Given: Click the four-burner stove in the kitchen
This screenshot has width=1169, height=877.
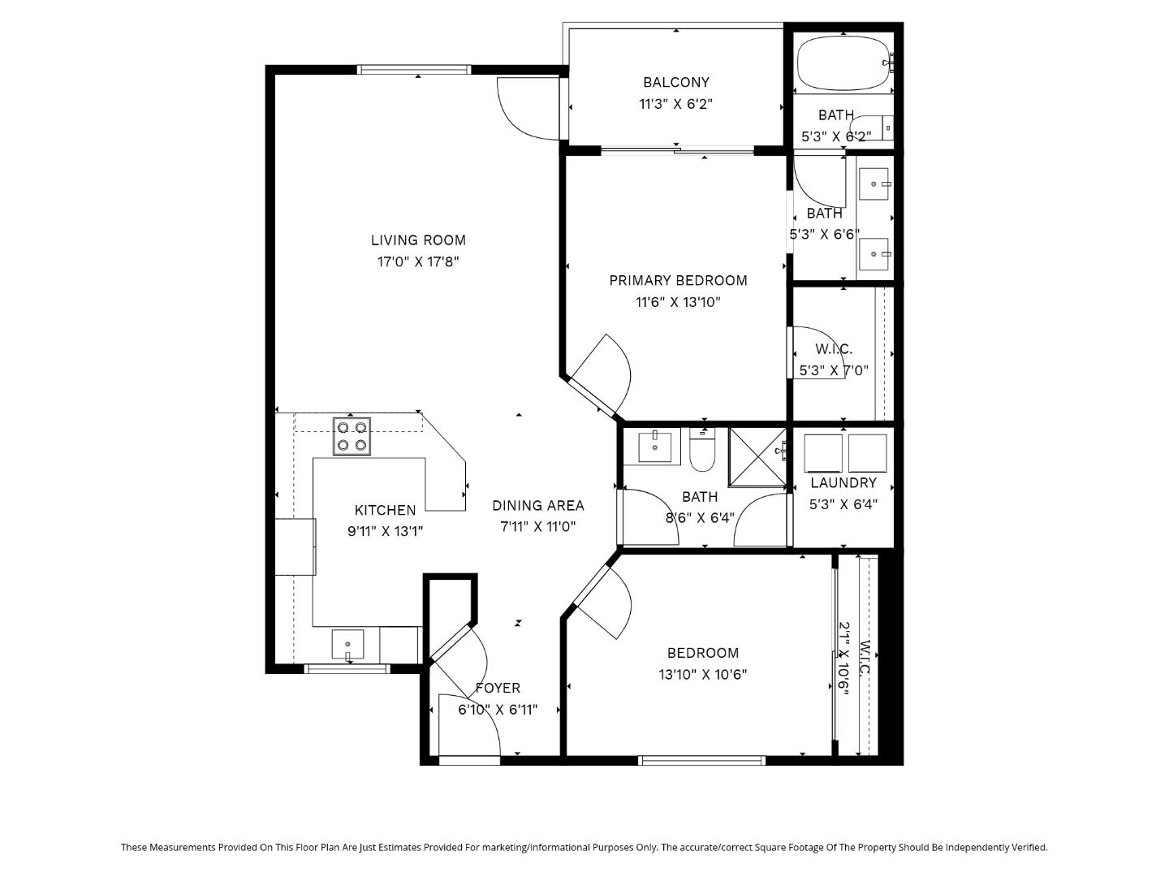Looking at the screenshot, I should tap(352, 436).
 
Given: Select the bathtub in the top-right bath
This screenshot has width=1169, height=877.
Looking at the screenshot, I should tap(843, 63).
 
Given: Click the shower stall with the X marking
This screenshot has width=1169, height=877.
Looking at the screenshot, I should tap(757, 456).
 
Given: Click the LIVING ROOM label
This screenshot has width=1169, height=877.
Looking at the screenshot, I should tap(418, 240).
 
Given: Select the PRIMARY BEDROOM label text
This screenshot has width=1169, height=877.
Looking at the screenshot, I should tap(678, 281).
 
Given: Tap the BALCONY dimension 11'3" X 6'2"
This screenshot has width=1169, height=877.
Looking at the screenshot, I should tap(675, 104).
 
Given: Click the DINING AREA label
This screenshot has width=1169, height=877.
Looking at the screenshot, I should tap(537, 506).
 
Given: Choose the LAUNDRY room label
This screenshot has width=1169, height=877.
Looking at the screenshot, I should tap(843, 483).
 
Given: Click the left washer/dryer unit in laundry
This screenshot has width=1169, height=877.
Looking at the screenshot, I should tap(823, 453).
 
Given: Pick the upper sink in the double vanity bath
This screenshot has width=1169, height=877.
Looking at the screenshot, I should tap(874, 184).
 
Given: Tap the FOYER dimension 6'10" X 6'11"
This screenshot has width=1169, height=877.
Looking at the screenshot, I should tap(498, 710).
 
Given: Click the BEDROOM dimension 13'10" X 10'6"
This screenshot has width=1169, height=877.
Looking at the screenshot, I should tap(702, 674).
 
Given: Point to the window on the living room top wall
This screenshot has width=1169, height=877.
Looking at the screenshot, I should tap(415, 69).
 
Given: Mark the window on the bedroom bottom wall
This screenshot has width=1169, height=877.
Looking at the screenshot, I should tap(701, 761).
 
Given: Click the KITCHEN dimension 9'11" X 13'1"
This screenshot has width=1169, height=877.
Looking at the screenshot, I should tap(385, 531).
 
